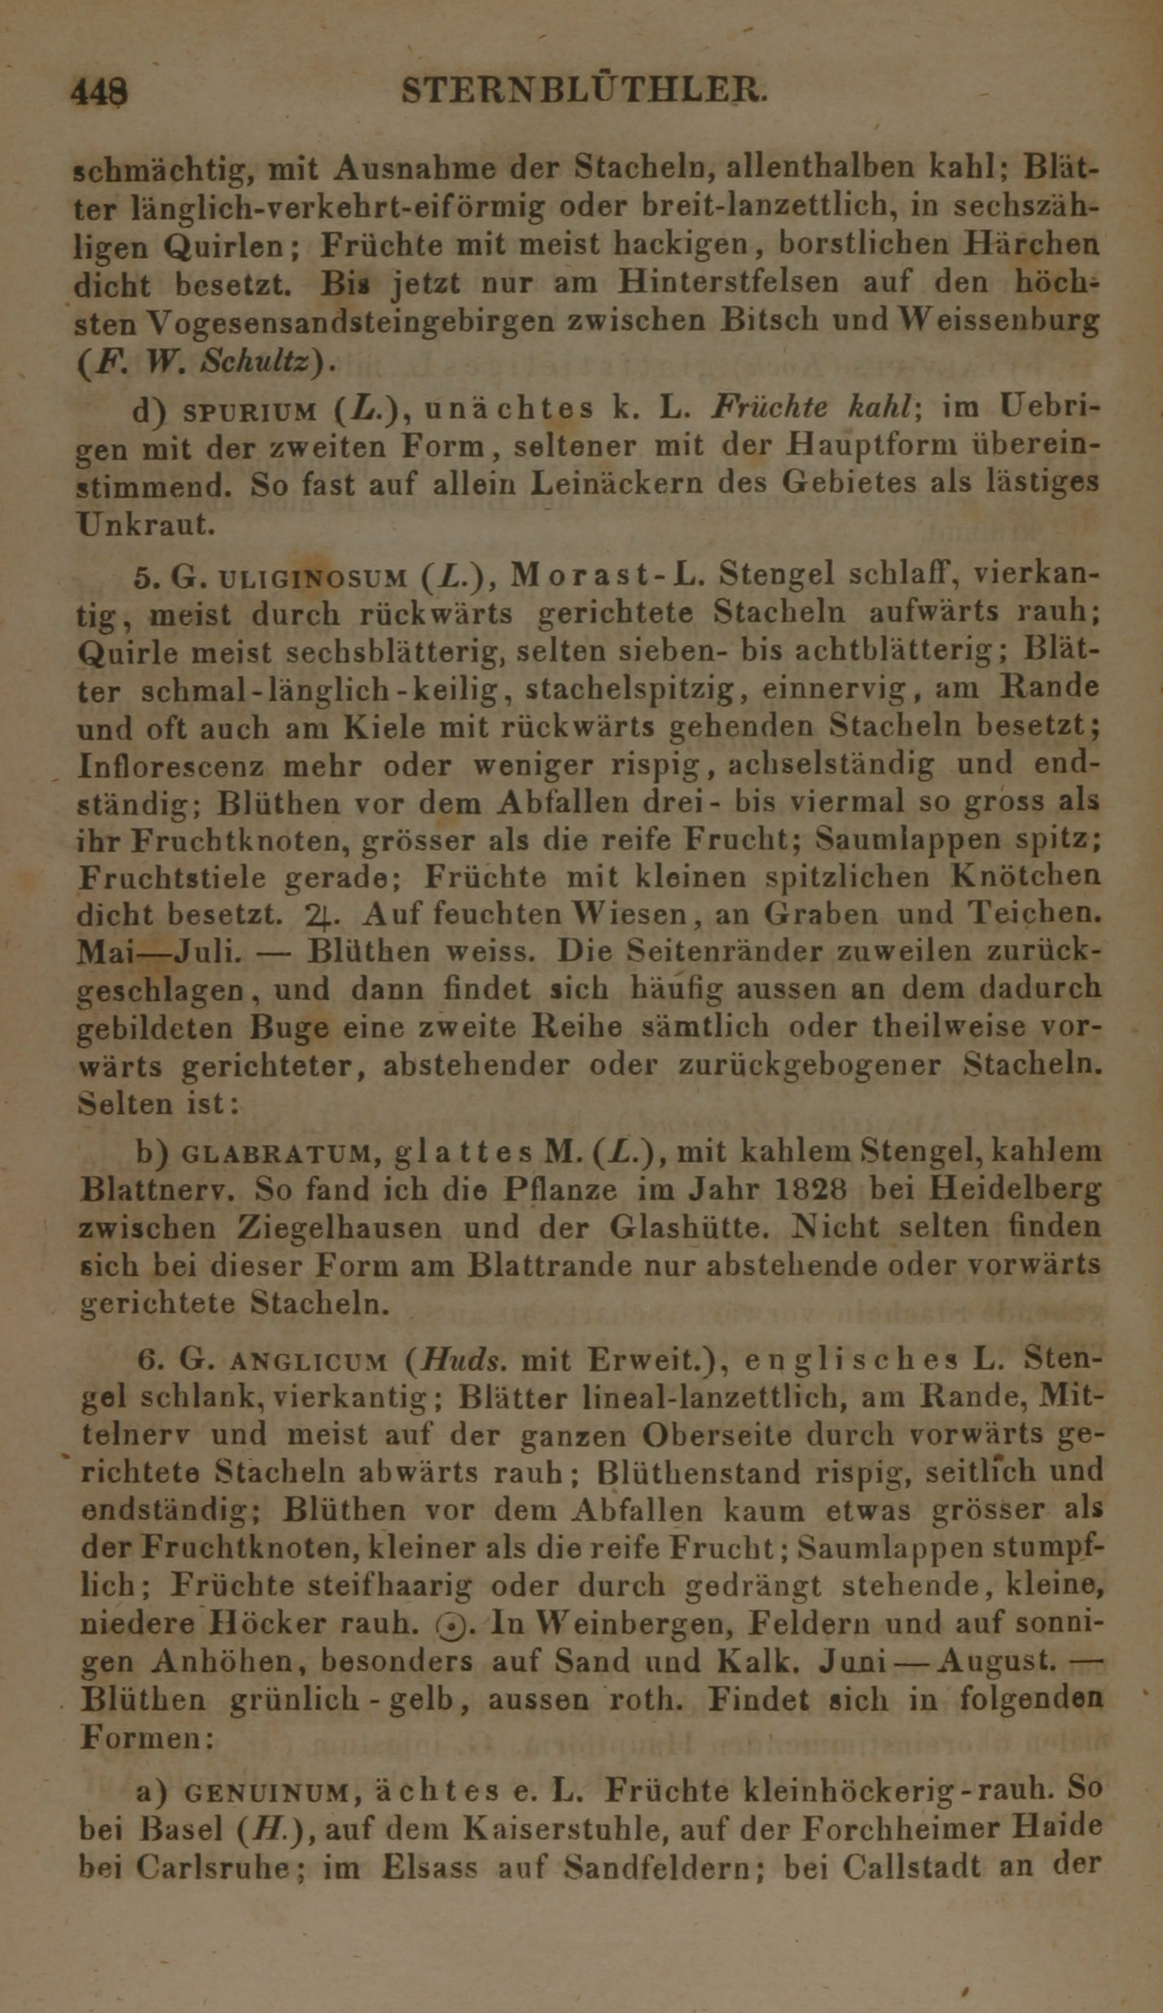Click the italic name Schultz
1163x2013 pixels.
pos(261,359)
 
